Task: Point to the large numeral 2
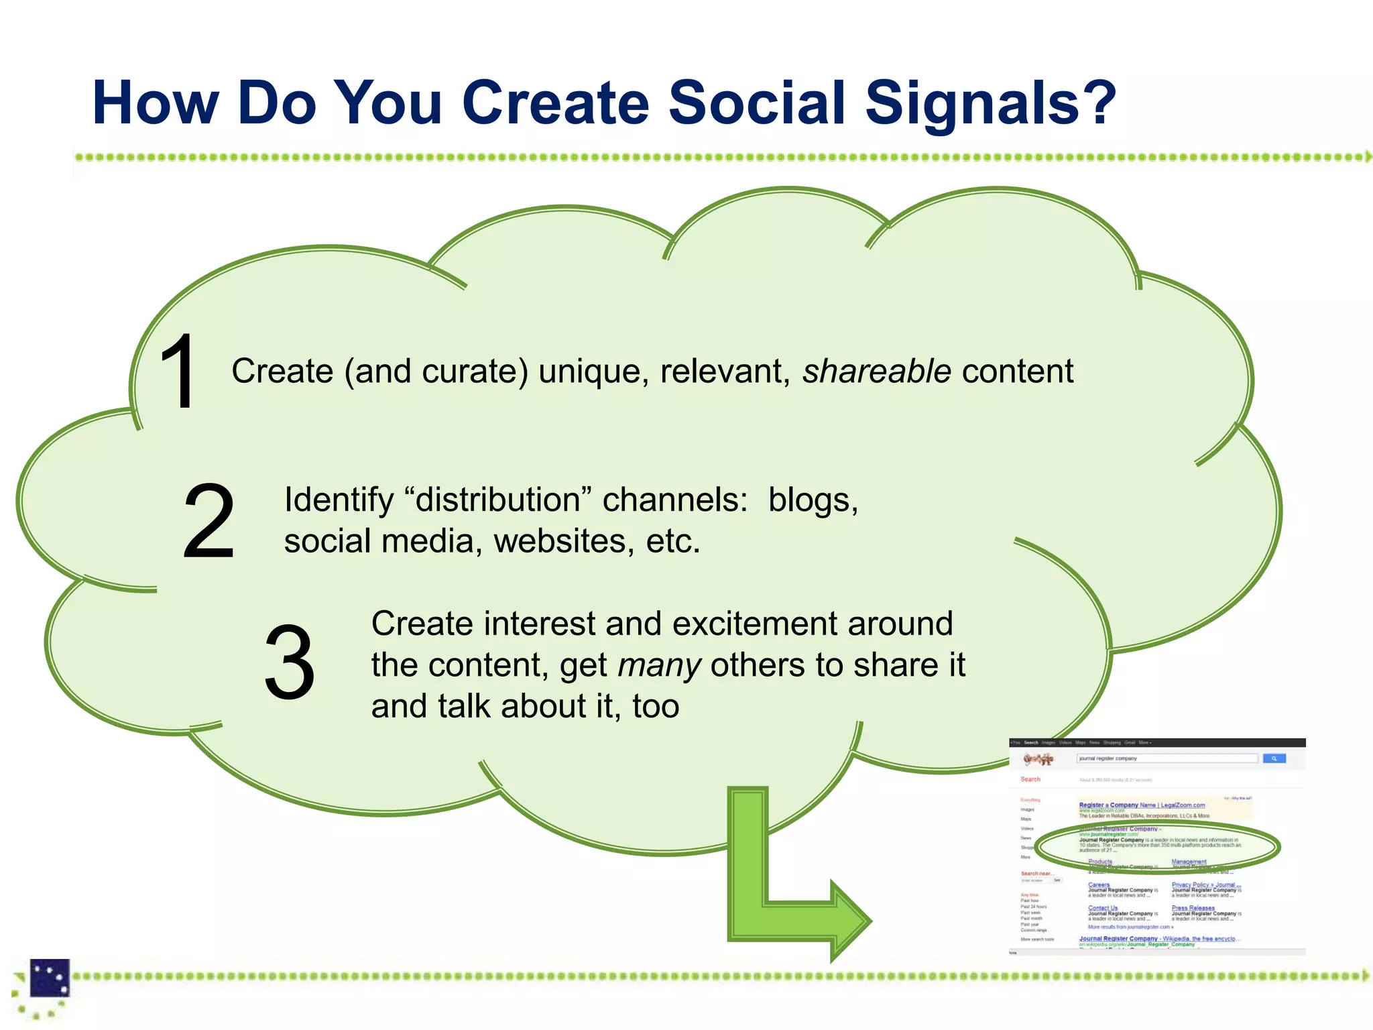point(208,521)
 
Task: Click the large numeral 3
point(289,663)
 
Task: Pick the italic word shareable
point(876,371)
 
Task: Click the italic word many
point(659,666)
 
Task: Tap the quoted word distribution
point(498,500)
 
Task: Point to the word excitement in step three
point(754,624)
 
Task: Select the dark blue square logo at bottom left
point(50,978)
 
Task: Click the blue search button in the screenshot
point(1274,758)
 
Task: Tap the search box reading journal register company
point(1167,758)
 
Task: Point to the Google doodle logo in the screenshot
point(1038,759)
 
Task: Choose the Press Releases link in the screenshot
point(1193,908)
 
